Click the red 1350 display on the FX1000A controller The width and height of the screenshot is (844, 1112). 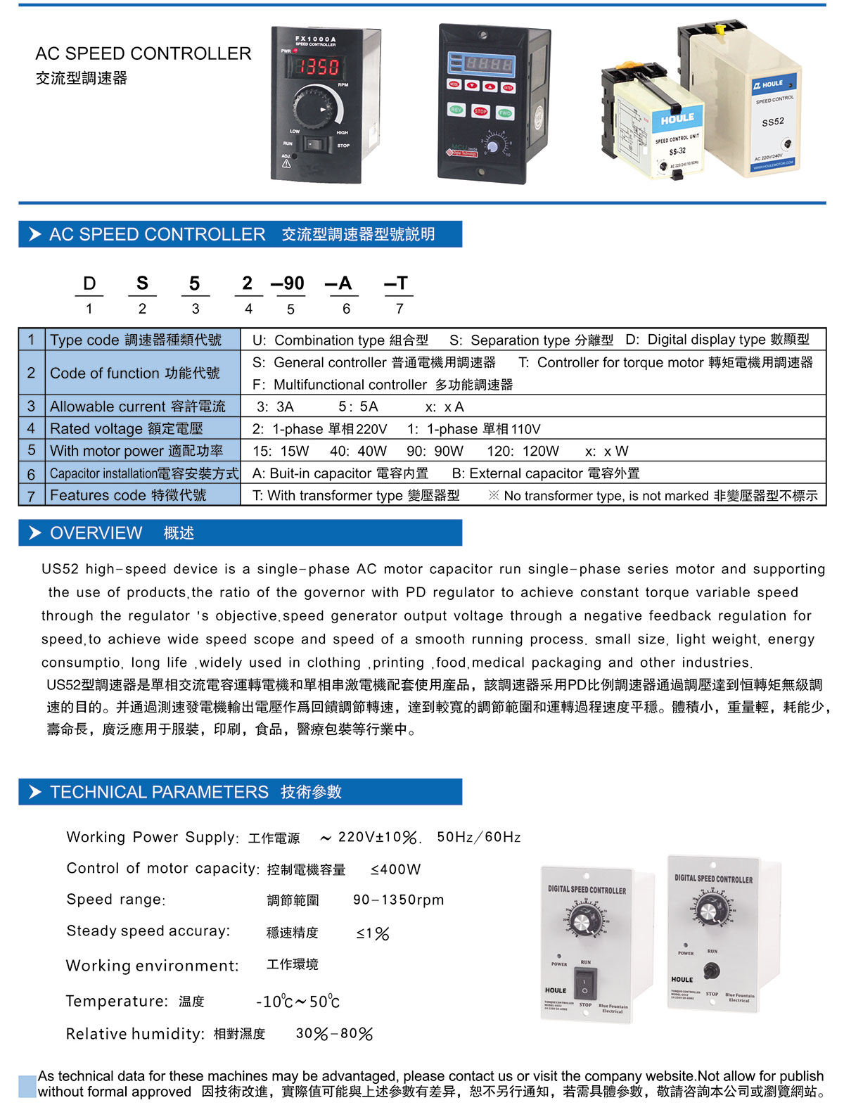pyautogui.click(x=316, y=67)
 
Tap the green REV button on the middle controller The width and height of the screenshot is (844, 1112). pyautogui.click(x=456, y=110)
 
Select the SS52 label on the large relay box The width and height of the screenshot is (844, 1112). pyautogui.click(x=772, y=122)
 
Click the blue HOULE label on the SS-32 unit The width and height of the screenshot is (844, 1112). pyautogui.click(x=677, y=118)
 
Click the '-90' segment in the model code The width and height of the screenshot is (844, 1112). pyautogui.click(x=288, y=283)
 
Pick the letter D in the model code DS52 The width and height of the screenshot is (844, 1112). pyautogui.click(x=89, y=283)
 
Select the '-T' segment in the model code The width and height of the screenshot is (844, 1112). pyautogui.click(x=397, y=283)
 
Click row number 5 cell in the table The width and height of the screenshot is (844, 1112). pyautogui.click(x=32, y=450)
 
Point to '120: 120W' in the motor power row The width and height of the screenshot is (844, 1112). pyautogui.click(x=523, y=451)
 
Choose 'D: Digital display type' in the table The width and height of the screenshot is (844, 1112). pyautogui.click(x=717, y=340)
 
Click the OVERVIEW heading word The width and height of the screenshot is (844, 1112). pyautogui.click(x=96, y=533)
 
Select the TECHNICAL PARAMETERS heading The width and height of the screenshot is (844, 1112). pyautogui.click(x=159, y=792)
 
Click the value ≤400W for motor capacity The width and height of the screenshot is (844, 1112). pyautogui.click(x=395, y=869)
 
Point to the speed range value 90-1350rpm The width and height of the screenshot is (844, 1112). pyautogui.click(x=398, y=900)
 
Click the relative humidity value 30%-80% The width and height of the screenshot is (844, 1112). pyautogui.click(x=334, y=1034)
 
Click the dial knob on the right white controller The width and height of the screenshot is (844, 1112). pyautogui.click(x=711, y=909)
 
